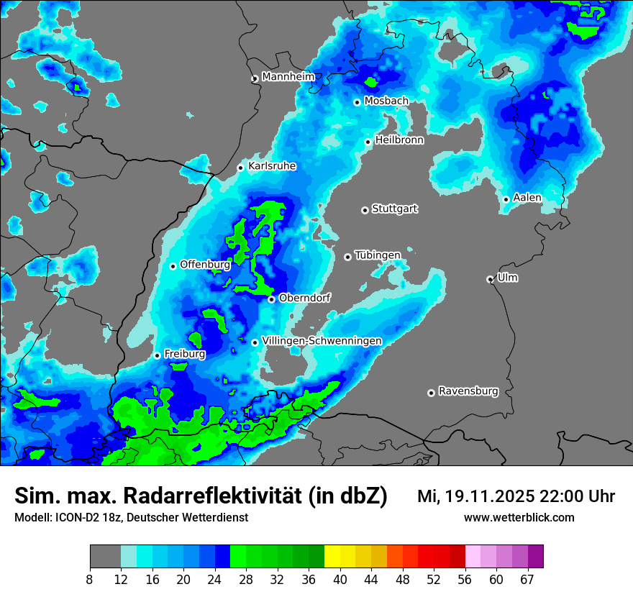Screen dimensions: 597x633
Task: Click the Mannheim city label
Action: (288, 76)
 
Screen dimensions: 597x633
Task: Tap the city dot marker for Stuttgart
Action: (365, 210)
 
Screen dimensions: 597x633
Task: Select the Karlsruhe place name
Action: (272, 166)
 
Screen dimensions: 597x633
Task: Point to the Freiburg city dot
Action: (157, 355)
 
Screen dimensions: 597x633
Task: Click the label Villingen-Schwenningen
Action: (322, 340)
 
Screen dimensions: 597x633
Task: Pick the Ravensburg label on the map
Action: (468, 391)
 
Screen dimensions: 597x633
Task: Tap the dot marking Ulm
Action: (490, 279)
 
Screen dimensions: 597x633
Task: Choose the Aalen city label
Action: (527, 198)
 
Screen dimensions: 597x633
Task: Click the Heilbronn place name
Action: (399, 140)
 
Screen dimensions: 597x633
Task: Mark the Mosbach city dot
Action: (357, 102)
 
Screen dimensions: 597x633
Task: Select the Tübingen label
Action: (378, 255)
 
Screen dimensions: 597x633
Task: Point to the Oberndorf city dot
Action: (271, 299)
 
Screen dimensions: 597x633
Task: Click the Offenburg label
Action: (205, 264)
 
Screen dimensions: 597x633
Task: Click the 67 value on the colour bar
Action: (527, 580)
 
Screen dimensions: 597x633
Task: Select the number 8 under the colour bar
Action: (90, 580)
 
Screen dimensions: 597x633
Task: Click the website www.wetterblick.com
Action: (519, 518)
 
